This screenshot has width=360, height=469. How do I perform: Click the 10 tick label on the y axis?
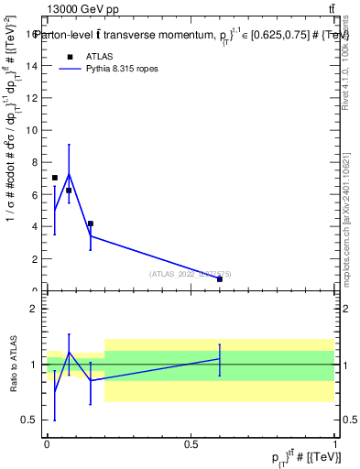(x=33, y=130)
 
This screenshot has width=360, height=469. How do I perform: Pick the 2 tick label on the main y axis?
(x=36, y=258)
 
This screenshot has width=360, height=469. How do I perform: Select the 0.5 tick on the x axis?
(x=191, y=443)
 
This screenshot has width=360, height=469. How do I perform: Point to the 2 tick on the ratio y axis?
(x=36, y=309)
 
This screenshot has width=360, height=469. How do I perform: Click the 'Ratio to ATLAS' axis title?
(x=15, y=364)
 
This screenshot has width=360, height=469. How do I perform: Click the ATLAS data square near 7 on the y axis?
(x=55, y=178)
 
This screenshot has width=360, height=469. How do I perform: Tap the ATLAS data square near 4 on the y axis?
(x=90, y=224)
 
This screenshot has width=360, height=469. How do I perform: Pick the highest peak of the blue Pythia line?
(x=69, y=174)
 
